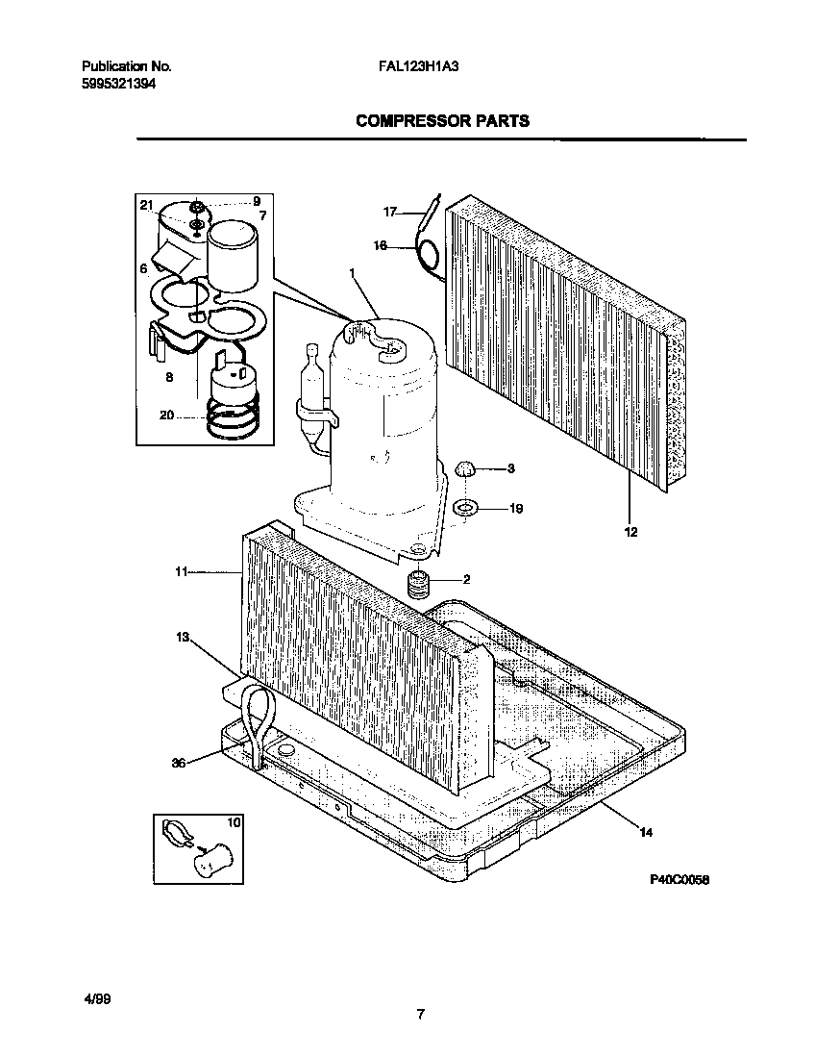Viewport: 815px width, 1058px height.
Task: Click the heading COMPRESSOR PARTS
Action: tap(442, 121)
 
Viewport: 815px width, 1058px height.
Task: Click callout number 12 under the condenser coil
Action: tap(630, 531)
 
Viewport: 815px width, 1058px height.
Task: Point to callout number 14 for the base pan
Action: tap(645, 832)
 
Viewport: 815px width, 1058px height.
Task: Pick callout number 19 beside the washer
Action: tap(515, 509)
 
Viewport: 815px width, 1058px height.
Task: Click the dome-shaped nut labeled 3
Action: tap(465, 469)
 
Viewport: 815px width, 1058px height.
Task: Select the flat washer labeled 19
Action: tap(464, 507)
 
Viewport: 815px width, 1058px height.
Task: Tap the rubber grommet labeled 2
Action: tap(418, 583)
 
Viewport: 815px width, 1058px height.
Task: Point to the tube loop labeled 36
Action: tap(258, 717)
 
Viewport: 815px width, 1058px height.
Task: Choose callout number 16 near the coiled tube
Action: tap(381, 246)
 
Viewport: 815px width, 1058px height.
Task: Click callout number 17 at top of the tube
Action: tap(389, 211)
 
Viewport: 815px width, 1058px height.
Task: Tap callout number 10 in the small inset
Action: tap(233, 823)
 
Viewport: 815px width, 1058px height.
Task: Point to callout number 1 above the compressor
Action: tap(352, 274)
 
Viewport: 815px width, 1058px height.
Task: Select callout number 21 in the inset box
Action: tap(146, 205)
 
